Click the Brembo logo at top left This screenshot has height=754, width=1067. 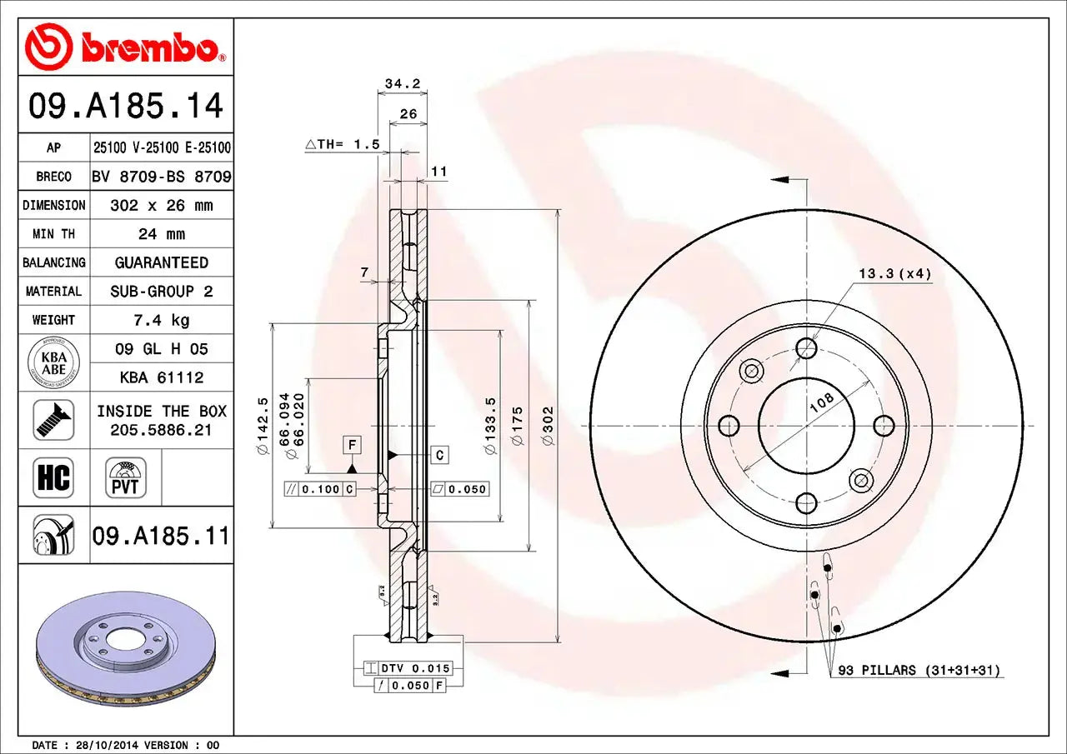coord(125,46)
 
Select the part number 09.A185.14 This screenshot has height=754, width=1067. coord(126,106)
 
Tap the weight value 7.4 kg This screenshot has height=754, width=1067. coord(162,320)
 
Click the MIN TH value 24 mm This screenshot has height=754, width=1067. coord(162,234)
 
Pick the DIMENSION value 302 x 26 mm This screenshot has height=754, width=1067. coord(162,205)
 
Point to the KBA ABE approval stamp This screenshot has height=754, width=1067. coord(53,363)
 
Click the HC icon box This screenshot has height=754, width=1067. coord(53,477)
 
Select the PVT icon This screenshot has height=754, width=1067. coord(126,477)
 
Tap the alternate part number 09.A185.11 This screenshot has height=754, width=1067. coord(161,535)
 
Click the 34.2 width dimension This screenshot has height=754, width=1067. coord(403,83)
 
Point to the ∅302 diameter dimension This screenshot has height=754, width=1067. coord(548,425)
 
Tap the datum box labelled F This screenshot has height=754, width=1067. coord(352,446)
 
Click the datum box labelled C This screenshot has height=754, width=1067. coord(440,455)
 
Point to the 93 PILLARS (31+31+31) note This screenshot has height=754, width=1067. coord(919,670)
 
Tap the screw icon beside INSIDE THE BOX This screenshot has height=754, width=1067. coord(53,420)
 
